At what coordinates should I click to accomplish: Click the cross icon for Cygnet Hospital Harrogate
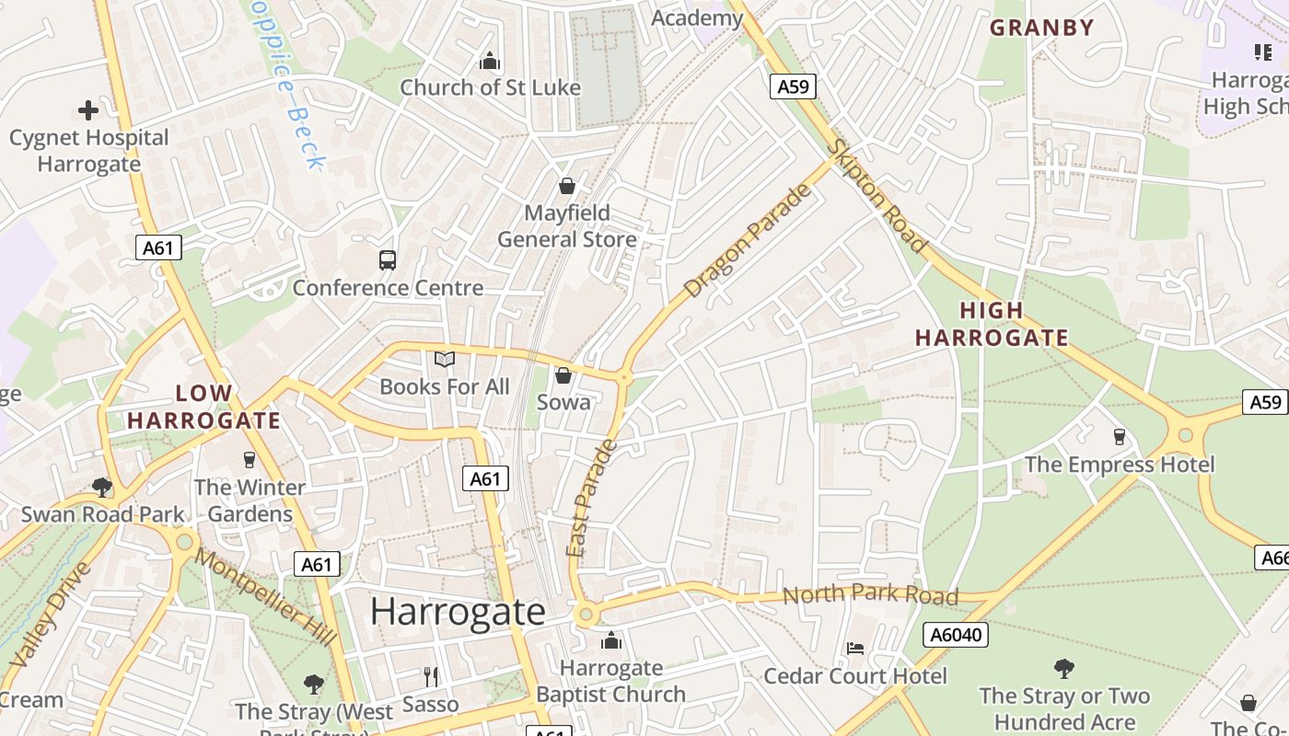[88, 111]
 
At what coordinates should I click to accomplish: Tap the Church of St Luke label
[490, 87]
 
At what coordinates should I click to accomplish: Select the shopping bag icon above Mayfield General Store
[567, 186]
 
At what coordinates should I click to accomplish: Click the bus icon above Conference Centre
[388, 260]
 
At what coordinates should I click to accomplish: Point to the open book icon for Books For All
[445, 359]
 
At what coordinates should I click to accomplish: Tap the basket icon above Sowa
[563, 375]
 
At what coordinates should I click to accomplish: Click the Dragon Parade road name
[750, 241]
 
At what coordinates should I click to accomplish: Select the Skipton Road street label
[876, 196]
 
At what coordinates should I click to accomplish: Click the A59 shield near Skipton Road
[792, 87]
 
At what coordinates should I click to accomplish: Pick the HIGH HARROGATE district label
[992, 324]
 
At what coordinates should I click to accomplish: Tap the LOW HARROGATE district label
[203, 407]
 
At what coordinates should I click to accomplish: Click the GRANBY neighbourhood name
[1041, 28]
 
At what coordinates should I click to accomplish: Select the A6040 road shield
[955, 635]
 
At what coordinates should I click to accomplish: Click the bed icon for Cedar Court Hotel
[855, 649]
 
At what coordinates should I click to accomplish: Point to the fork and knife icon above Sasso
[431, 677]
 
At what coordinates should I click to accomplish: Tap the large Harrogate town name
[458, 612]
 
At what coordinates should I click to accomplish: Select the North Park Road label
[870, 594]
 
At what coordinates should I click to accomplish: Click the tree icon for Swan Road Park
[102, 487]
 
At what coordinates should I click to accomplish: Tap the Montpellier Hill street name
[265, 598]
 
